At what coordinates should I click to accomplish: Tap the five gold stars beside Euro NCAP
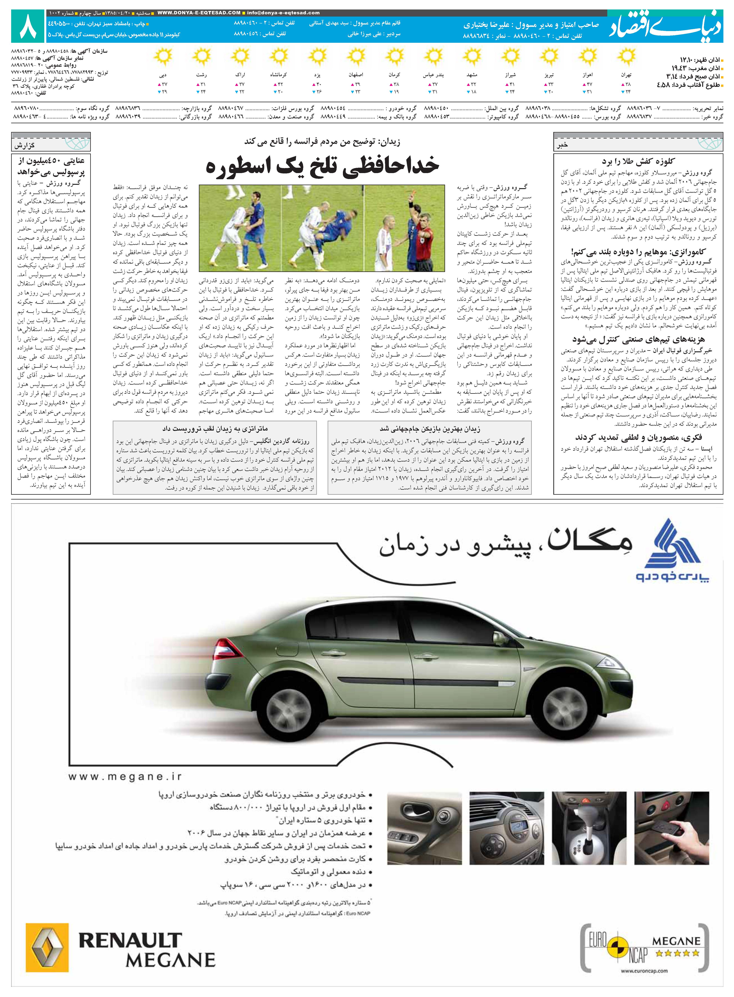tap(678, 953)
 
